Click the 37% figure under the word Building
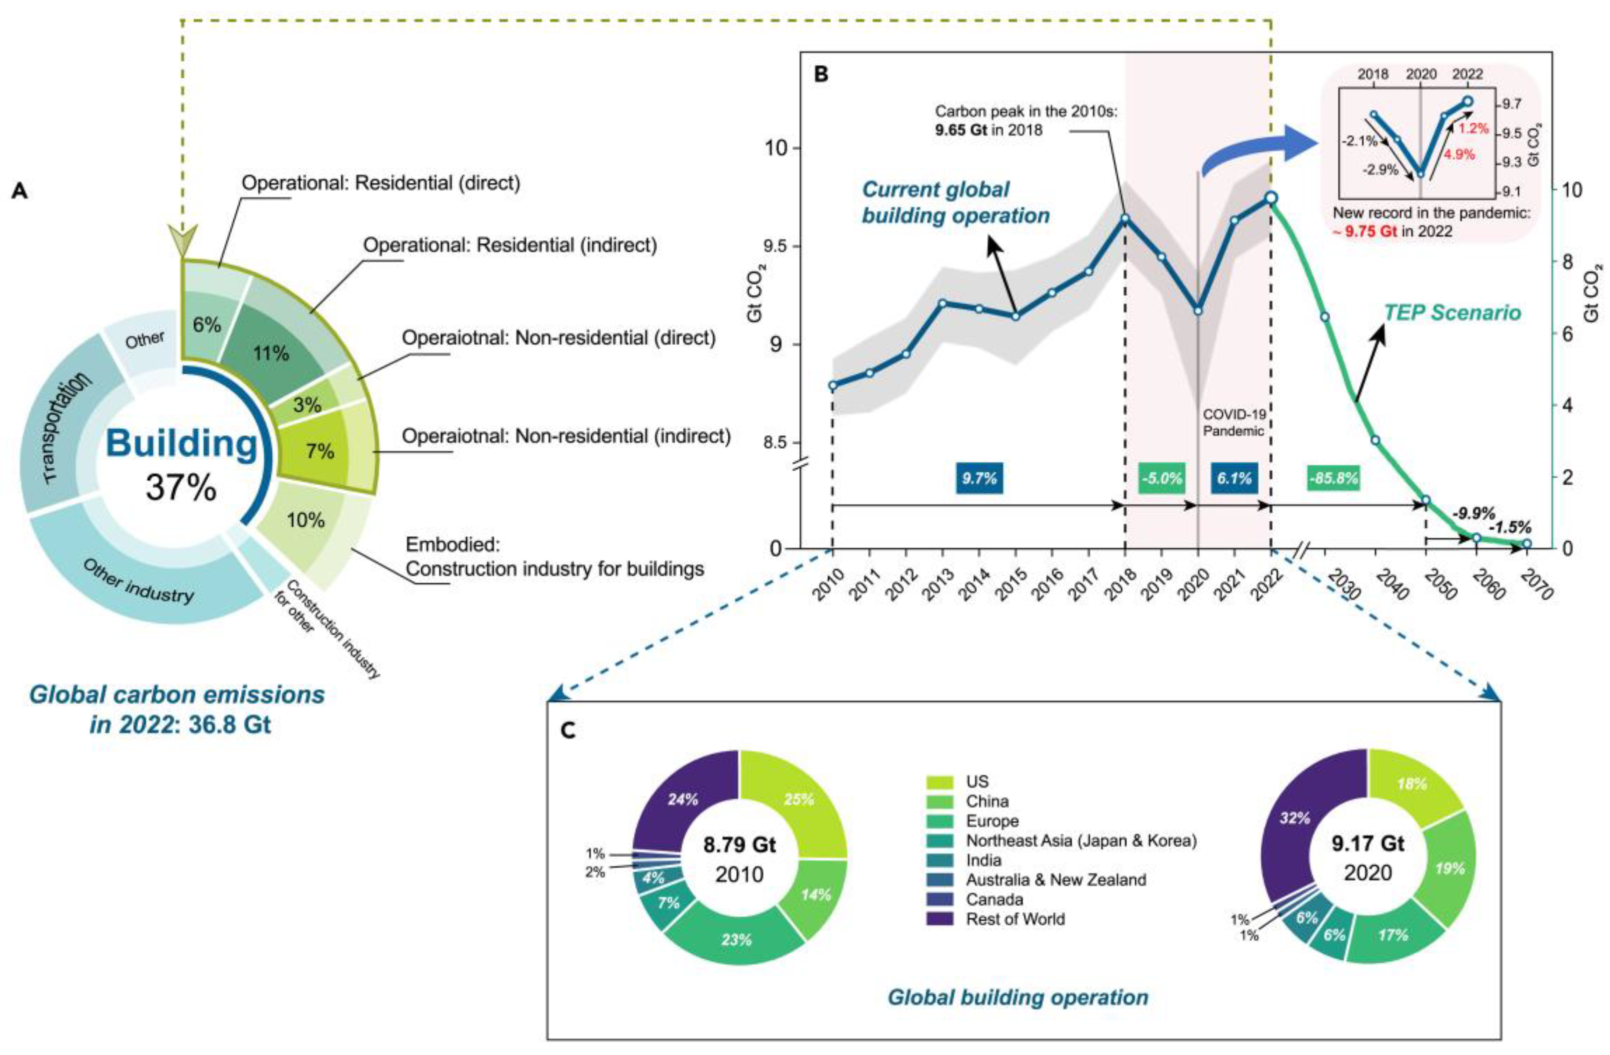[181, 486]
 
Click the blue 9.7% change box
[979, 478]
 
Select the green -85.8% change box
[1333, 478]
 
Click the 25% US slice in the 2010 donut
[799, 800]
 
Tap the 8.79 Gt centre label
[739, 845]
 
